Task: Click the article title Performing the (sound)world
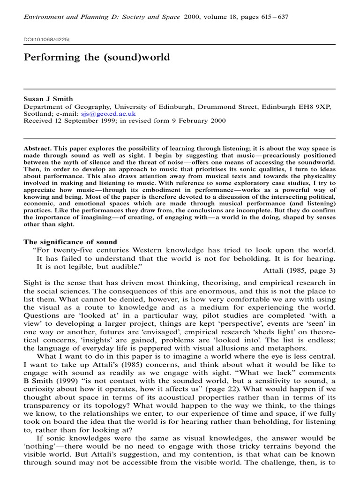coord(97,58)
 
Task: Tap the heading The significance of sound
coord(70,242)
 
